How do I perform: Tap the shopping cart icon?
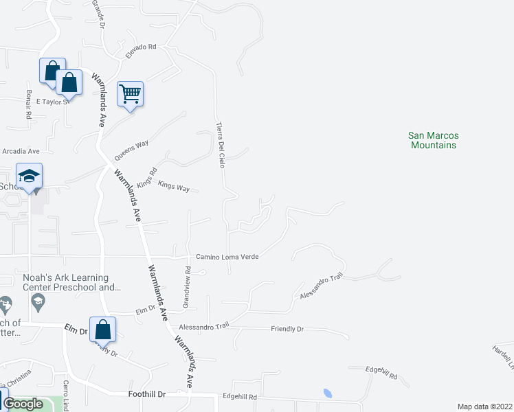(130, 93)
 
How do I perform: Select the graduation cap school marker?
(30, 176)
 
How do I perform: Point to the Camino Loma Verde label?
(227, 256)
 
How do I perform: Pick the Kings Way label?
(173, 186)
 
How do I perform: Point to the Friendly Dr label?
(287, 329)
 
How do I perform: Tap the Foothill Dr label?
(147, 394)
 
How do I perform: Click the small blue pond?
(327, 394)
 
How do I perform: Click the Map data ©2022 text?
(484, 407)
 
